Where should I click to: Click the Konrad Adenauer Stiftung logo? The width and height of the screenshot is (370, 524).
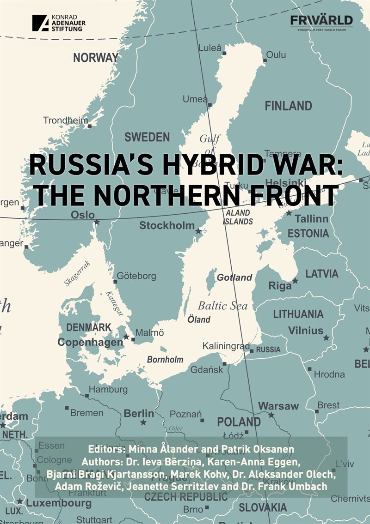(x=59, y=23)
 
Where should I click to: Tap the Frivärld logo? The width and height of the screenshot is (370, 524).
(x=321, y=21)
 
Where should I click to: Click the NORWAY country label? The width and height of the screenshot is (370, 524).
(x=96, y=58)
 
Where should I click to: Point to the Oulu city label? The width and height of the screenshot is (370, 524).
(x=276, y=55)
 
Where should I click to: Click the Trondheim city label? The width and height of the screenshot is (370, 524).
(x=65, y=120)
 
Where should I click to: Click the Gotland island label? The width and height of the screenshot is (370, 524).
(x=234, y=277)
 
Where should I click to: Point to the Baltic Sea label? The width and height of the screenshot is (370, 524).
(x=222, y=306)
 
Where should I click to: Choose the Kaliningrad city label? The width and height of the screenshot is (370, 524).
(x=226, y=346)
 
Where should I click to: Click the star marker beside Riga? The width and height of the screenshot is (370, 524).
(x=295, y=281)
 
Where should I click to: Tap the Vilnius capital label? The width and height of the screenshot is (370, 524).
(x=306, y=331)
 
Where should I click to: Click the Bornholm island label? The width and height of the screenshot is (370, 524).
(x=165, y=359)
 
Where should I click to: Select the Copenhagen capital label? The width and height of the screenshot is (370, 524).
(x=90, y=343)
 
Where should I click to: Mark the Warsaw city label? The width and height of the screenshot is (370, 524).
(x=278, y=406)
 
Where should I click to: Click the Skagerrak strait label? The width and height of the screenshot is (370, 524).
(x=77, y=273)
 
